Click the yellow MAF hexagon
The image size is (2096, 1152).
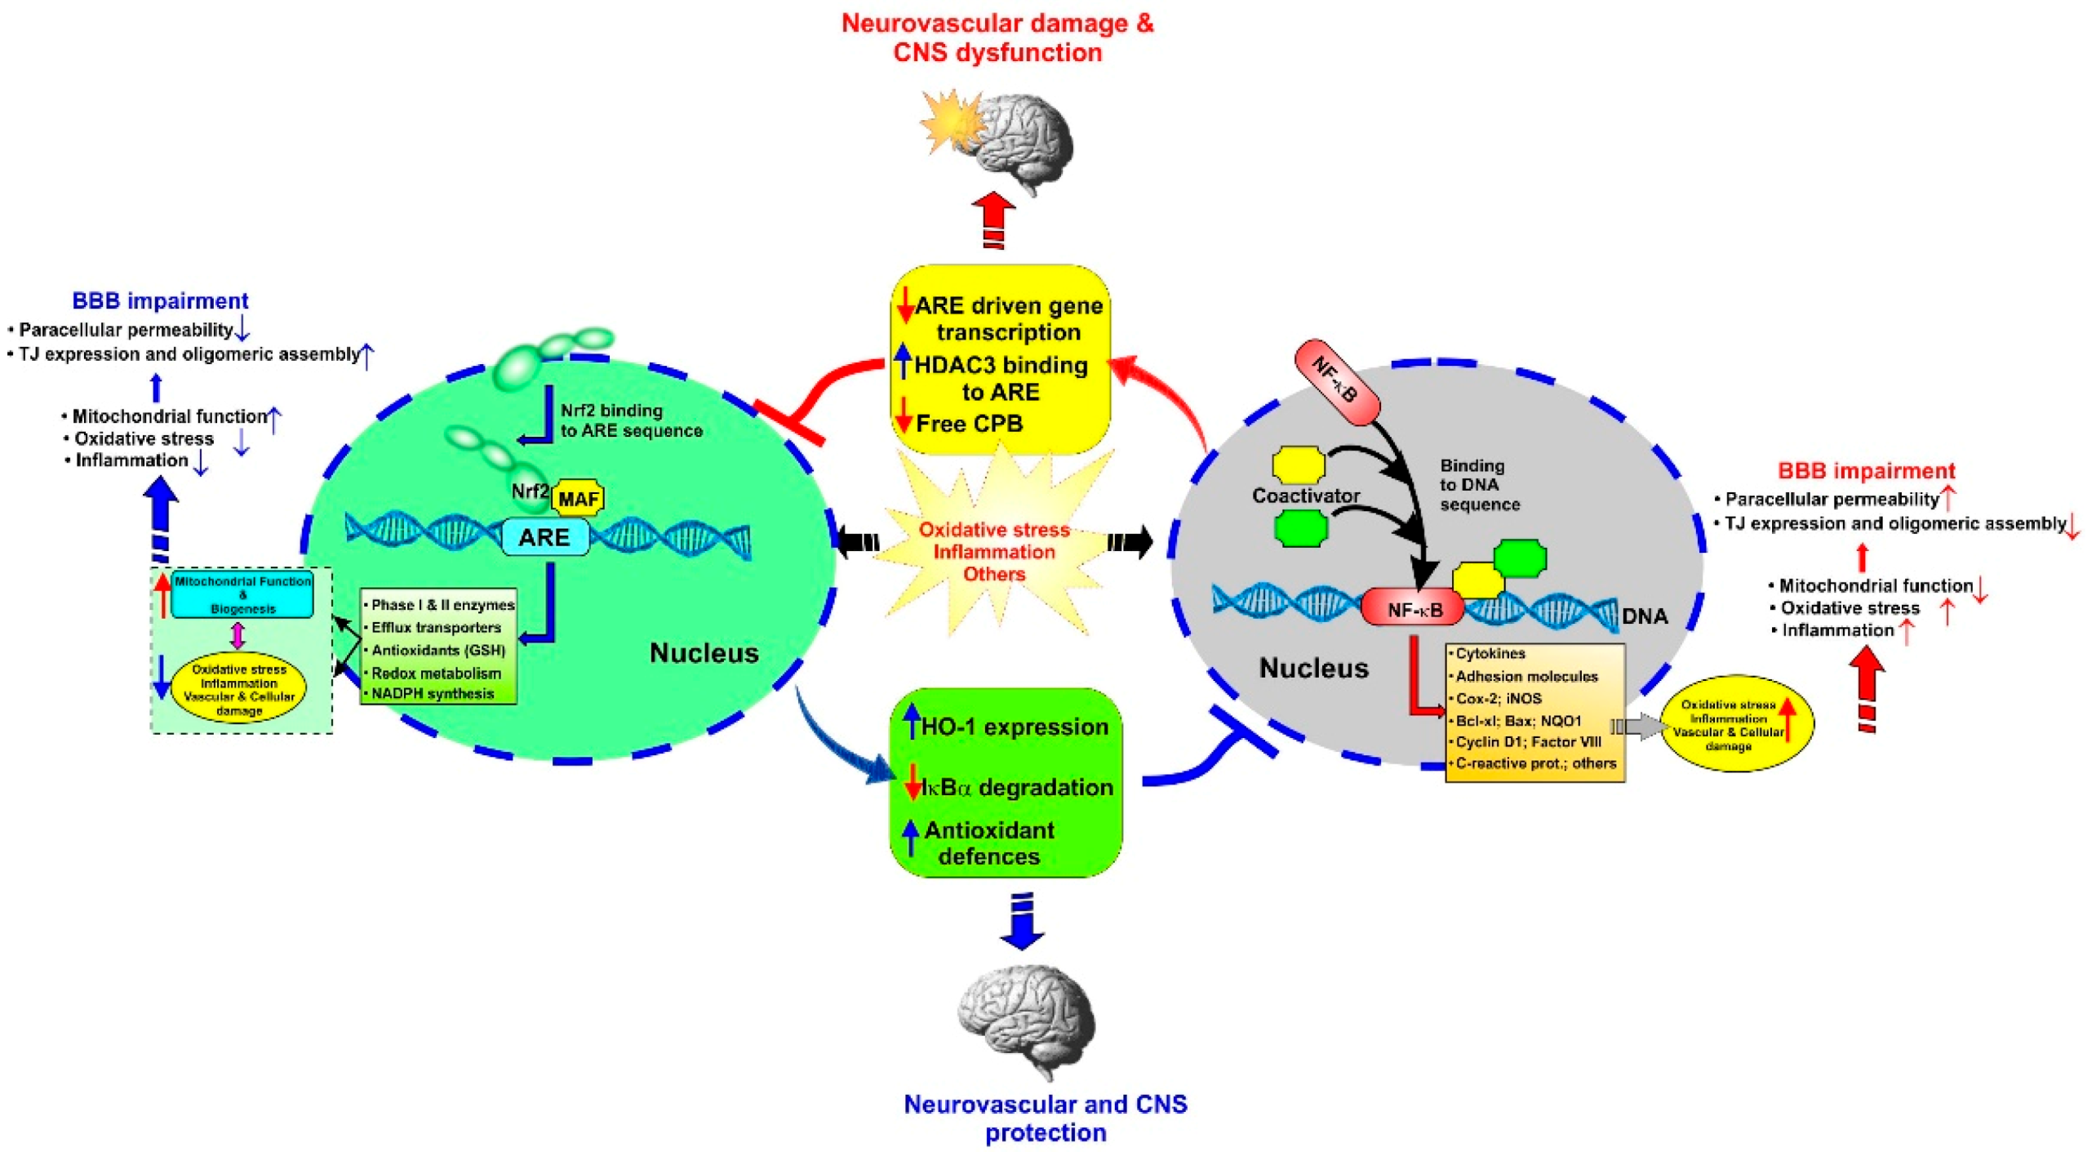[578, 498]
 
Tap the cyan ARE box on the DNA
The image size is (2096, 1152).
[544, 537]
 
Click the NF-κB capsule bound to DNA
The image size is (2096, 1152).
[1413, 609]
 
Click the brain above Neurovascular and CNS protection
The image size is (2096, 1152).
[1027, 1021]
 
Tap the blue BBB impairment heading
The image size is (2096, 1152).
[160, 300]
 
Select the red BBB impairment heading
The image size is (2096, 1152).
[1866, 471]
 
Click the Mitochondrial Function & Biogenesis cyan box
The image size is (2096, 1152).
[242, 594]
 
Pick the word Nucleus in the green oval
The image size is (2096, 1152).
[704, 652]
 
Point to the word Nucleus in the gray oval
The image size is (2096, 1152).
[1313, 668]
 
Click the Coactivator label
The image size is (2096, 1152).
[1306, 496]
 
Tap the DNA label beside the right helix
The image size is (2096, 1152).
[1644, 616]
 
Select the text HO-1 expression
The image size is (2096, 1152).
[1014, 727]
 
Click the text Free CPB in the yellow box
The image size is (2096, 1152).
[969, 423]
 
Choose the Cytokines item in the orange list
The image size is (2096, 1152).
[1490, 653]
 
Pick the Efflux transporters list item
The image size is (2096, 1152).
[436, 627]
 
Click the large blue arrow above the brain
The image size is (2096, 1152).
[1021, 923]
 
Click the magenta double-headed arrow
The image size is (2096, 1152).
[238, 634]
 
